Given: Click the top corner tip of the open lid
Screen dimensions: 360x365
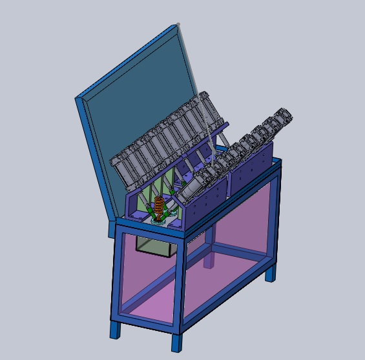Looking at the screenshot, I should coord(178,25).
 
